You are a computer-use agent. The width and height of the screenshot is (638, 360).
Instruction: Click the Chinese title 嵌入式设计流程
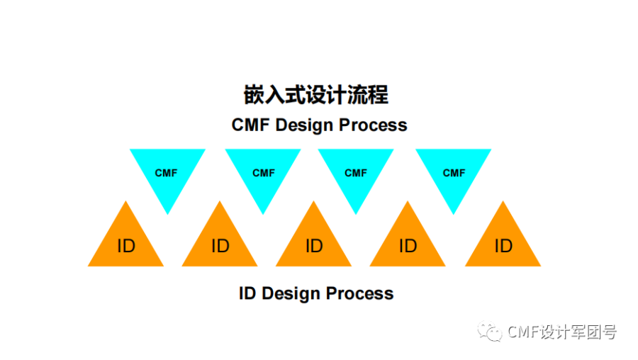point(316,95)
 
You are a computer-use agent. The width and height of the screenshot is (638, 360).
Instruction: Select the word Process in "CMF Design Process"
point(373,125)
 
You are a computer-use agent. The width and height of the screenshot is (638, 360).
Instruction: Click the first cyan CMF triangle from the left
point(167,172)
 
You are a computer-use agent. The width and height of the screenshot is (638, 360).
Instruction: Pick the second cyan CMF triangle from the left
point(263,172)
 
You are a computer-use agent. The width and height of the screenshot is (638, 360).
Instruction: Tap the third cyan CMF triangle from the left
point(356,172)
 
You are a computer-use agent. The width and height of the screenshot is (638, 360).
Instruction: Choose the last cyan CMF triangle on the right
point(454,172)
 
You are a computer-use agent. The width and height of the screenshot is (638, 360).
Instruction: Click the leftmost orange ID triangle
point(125,244)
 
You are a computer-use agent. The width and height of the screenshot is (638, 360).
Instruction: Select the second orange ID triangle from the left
point(220,244)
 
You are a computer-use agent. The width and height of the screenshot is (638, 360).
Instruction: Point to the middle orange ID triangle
point(314,244)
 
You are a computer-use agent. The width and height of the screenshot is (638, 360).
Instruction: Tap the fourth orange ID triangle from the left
point(408,244)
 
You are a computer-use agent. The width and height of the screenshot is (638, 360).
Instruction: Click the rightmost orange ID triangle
point(503,244)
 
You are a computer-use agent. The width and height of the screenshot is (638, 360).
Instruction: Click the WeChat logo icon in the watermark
point(489,331)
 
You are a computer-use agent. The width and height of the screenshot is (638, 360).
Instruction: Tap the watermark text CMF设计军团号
point(562,332)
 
